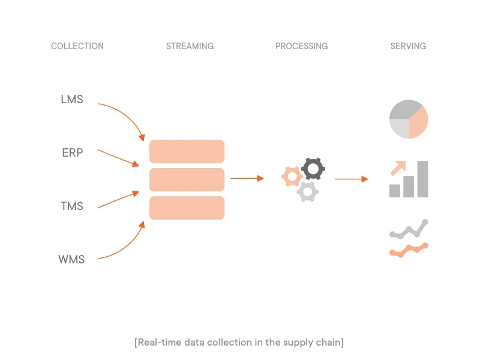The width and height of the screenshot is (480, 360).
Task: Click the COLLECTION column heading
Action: [77, 46]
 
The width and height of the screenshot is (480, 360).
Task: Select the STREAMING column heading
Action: [190, 46]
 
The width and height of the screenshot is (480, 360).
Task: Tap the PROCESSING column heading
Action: [301, 46]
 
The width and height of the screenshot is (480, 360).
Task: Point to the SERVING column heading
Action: [408, 46]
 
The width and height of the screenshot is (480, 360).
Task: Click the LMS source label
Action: [72, 99]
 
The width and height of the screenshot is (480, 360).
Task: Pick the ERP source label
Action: [72, 152]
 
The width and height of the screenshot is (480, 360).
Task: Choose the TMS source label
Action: [72, 206]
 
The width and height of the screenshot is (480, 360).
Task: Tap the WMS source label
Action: [71, 259]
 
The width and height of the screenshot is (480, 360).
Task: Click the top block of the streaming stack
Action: [187, 151]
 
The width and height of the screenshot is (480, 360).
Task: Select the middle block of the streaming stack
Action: [187, 179]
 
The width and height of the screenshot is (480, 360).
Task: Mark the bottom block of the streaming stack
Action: [187, 208]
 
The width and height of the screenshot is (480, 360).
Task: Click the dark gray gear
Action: [313, 169]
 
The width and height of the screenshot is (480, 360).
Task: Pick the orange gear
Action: [292, 176]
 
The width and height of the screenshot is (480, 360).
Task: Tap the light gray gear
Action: [307, 191]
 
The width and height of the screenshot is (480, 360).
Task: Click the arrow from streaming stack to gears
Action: [247, 178]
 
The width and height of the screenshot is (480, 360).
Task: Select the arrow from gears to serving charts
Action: [352, 179]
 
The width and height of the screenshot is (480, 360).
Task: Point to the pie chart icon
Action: [409, 119]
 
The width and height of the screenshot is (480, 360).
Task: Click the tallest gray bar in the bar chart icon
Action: [422, 179]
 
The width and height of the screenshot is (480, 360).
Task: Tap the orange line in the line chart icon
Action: [409, 250]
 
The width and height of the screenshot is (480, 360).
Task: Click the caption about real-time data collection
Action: [239, 342]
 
